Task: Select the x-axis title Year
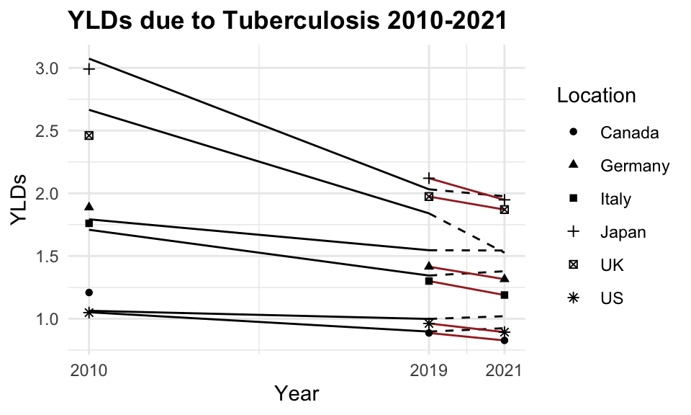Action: click(297, 393)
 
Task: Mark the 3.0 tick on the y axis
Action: click(47, 68)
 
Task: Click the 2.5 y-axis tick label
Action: click(47, 131)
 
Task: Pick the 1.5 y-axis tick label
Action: click(47, 256)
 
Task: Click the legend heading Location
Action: click(596, 96)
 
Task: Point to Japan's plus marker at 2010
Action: click(89, 69)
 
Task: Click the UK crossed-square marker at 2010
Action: click(89, 135)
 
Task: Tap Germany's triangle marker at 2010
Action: click(89, 207)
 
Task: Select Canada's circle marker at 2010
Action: click(89, 293)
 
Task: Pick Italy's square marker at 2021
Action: click(505, 295)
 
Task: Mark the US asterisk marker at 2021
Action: click(505, 332)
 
